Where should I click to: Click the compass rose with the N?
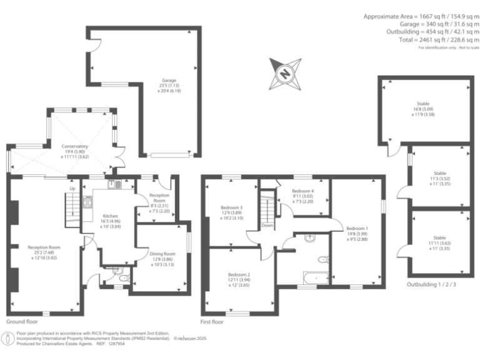(284, 74)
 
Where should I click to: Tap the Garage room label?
(169, 81)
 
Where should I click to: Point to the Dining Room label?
(162, 254)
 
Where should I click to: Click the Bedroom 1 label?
(357, 229)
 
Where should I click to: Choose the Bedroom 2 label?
(239, 274)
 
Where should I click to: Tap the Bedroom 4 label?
(302, 191)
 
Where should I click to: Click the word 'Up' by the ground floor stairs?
(72, 188)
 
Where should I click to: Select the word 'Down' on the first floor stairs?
(267, 225)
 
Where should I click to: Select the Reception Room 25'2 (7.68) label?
(44, 247)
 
